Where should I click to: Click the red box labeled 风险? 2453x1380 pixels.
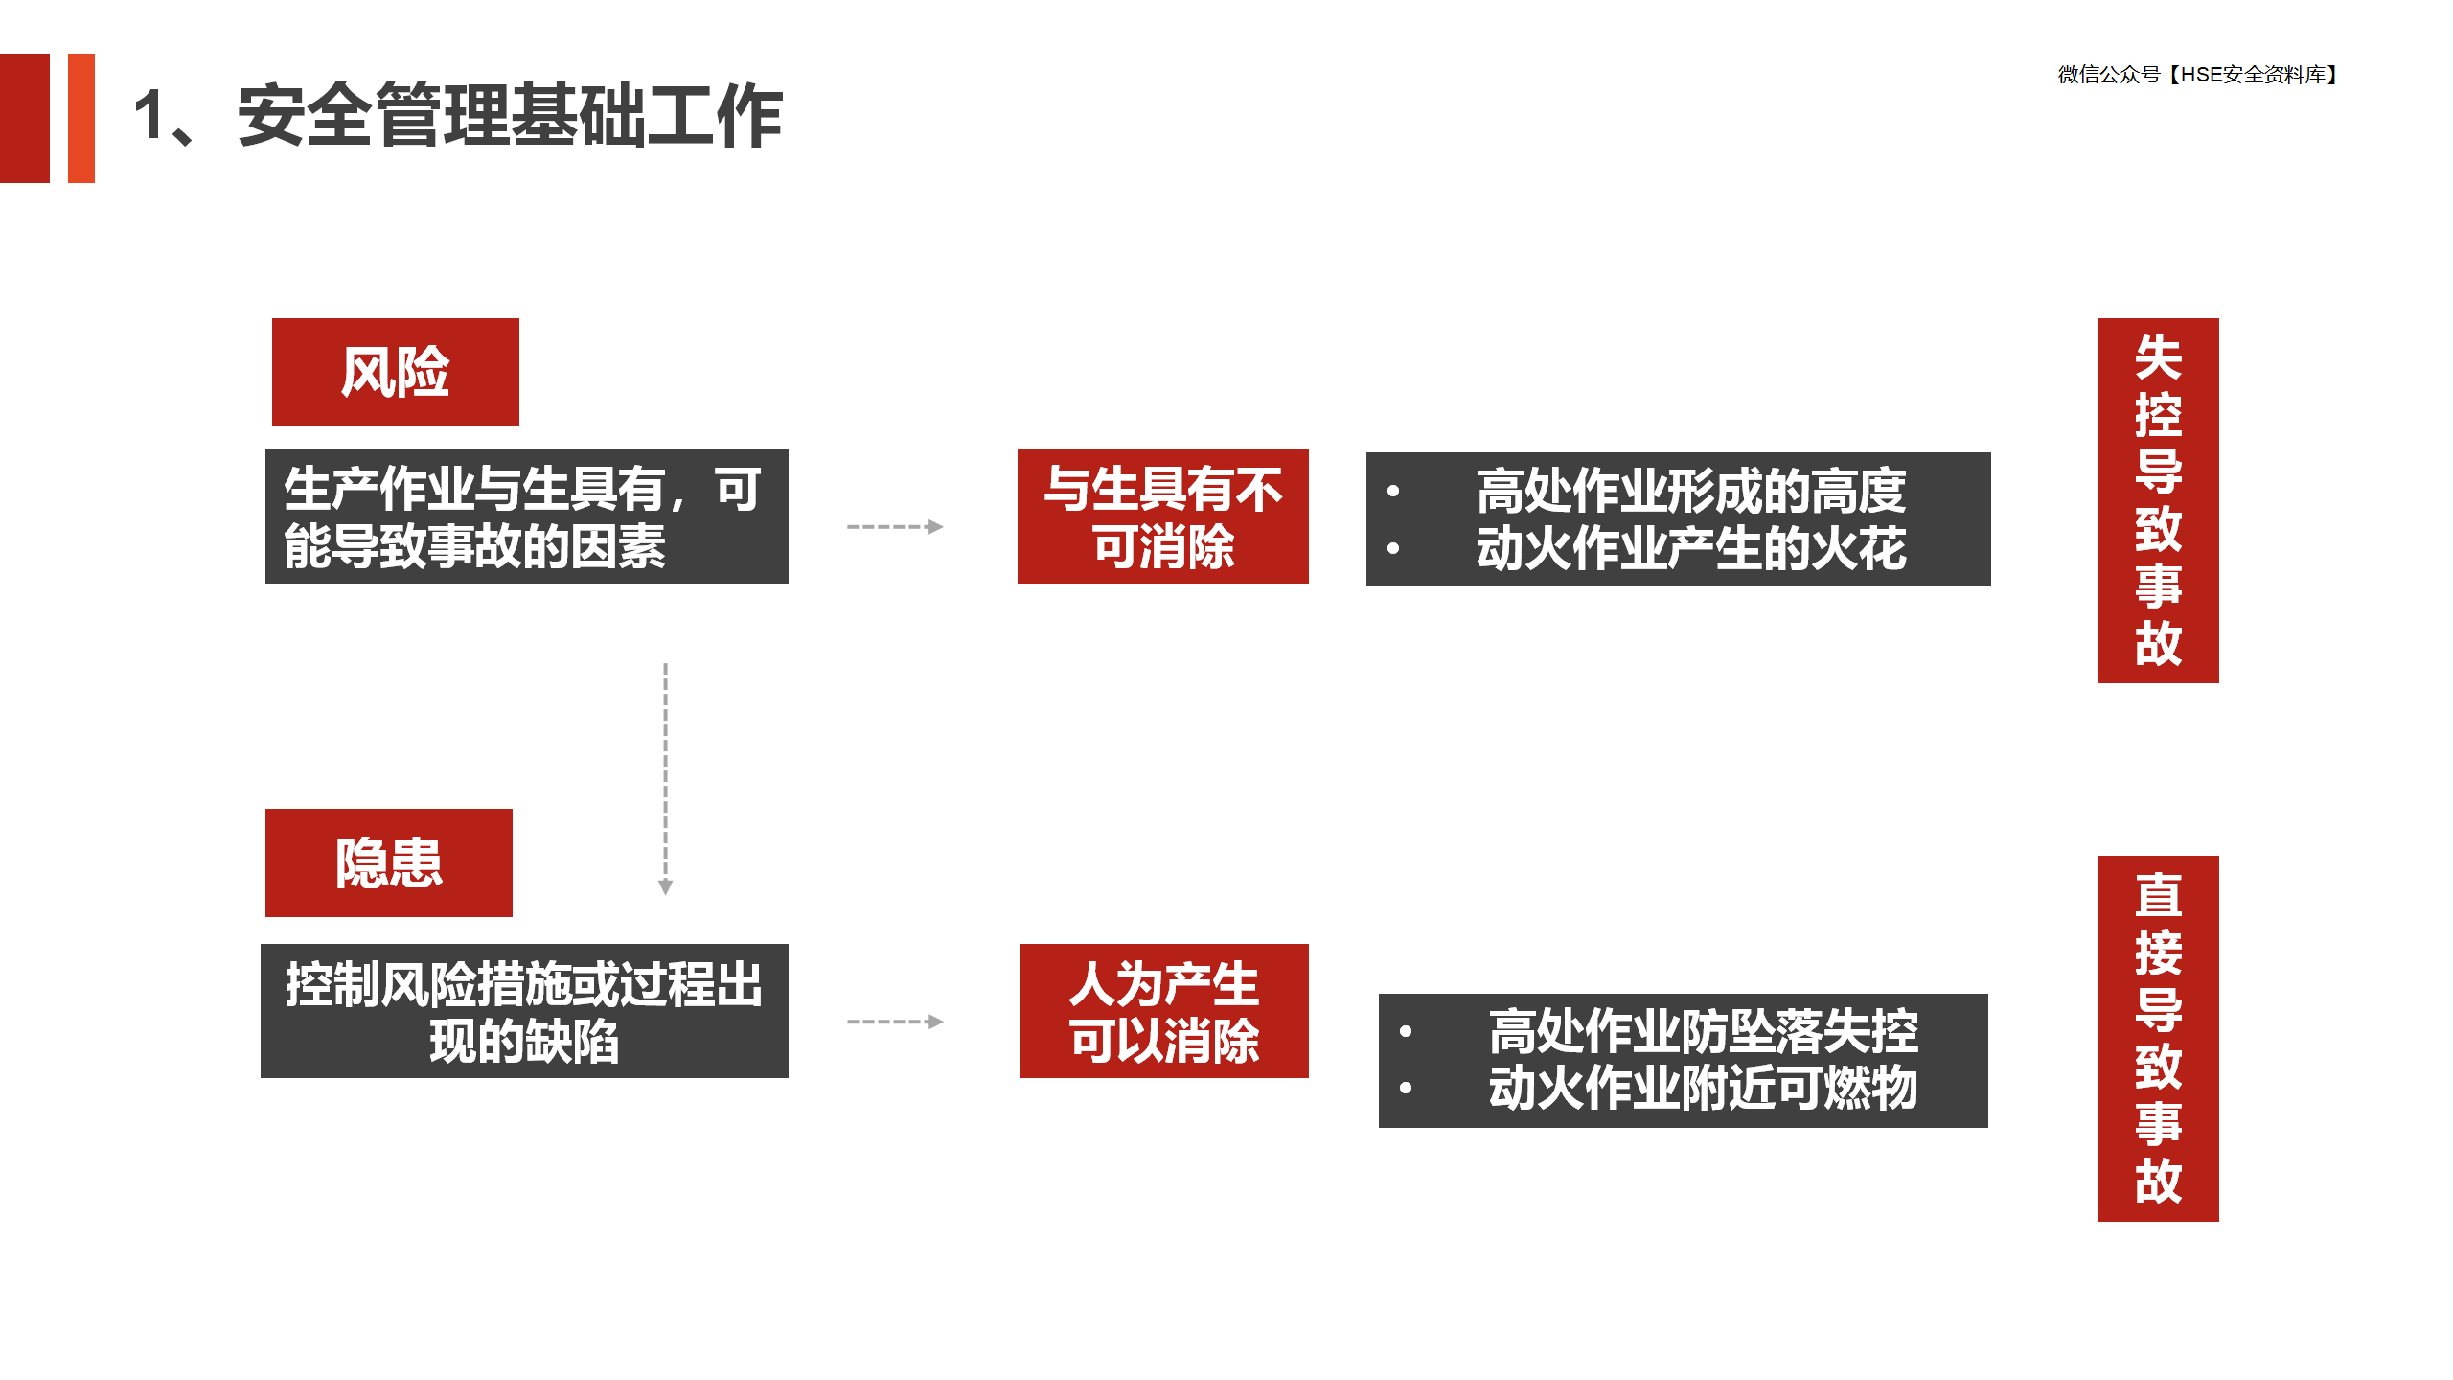point(395,372)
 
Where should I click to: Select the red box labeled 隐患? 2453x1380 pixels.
point(389,862)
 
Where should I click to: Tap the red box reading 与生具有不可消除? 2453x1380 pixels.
point(1163,517)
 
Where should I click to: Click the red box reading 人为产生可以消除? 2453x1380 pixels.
point(1164,1011)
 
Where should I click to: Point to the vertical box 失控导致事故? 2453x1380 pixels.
point(2159,500)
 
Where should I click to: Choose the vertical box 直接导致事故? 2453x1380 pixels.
point(2159,1039)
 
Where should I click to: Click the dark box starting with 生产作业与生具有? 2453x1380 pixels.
point(527,517)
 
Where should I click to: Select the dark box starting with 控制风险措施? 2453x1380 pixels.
point(524,1011)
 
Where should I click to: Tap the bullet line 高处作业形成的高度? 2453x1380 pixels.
point(1691,491)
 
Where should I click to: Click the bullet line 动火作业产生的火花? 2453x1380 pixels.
point(1691,548)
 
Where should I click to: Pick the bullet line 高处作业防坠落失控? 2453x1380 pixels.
point(1703,1031)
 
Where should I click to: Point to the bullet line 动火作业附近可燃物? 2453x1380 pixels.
point(1703,1088)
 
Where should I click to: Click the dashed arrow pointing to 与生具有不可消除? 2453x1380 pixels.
point(895,526)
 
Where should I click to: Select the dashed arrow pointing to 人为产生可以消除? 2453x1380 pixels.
point(895,1022)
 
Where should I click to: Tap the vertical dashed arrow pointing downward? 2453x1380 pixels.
point(666,778)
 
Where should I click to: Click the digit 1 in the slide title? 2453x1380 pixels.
point(150,116)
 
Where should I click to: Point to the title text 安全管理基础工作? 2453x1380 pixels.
point(511,116)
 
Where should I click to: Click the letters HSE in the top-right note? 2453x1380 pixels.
point(2201,75)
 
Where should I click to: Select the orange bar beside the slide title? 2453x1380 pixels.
point(81,118)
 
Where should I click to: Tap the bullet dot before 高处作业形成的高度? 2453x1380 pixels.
point(1393,492)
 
